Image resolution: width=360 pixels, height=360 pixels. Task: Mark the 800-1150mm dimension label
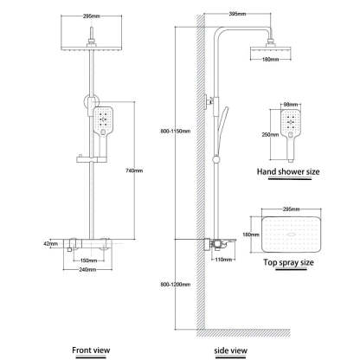click(185, 131)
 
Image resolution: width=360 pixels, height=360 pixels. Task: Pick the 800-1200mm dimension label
click(185, 285)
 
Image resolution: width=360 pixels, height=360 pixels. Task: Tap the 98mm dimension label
click(291, 105)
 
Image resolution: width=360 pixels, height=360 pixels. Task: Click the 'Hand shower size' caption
click(289, 172)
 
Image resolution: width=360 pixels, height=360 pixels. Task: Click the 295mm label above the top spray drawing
click(291, 209)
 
